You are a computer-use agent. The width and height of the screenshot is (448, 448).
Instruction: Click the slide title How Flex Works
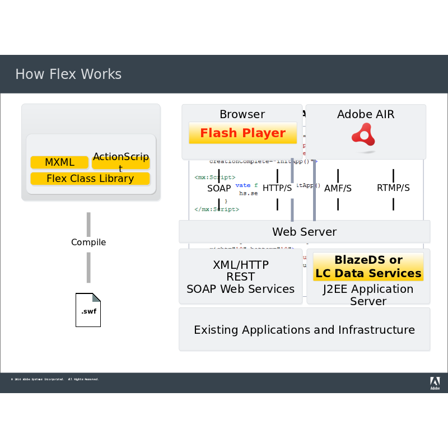pos(68,74)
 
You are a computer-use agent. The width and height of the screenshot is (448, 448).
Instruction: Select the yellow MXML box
pos(59,162)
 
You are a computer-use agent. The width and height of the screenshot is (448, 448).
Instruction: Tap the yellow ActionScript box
pos(121,162)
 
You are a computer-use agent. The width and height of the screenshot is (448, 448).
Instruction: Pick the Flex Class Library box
pos(90,179)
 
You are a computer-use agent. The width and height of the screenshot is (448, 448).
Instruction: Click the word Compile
pos(88,242)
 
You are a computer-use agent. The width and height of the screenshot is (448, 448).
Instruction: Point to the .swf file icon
pos(88,310)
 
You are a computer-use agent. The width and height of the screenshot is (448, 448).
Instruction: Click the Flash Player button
pos(243,133)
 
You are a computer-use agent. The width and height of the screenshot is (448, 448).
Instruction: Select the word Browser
pos(242,114)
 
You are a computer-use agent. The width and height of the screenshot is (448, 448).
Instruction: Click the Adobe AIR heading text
pos(366,114)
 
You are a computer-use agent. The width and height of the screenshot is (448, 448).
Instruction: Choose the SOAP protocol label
pos(219,188)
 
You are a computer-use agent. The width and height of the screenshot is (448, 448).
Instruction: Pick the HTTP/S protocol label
pos(277,188)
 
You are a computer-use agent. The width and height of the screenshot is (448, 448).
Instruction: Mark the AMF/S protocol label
pos(338,188)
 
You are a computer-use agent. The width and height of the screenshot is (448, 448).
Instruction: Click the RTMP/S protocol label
pos(393,188)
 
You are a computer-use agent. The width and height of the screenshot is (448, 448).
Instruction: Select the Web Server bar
pos(304,231)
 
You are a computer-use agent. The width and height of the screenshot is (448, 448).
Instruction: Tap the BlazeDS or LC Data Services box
pos(368,267)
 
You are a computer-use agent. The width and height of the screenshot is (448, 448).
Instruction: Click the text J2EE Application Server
pos(368,295)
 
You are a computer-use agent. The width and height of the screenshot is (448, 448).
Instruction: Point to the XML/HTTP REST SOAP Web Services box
pos(240,277)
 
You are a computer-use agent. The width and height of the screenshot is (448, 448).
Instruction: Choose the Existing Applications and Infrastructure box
pos(304,330)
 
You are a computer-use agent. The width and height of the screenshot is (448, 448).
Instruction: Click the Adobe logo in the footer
pos(435,383)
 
